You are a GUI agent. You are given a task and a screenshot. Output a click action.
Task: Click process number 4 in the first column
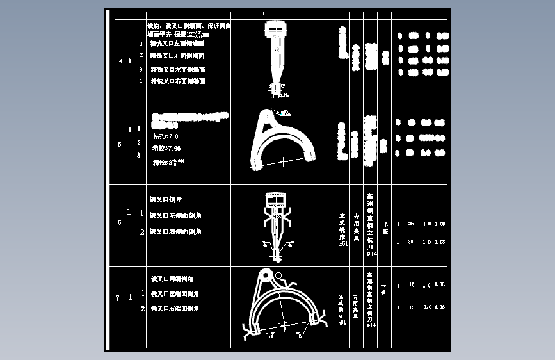[121, 61]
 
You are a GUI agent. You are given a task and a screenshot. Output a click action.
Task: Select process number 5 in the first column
[120, 145]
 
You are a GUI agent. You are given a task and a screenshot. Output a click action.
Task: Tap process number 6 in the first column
[119, 223]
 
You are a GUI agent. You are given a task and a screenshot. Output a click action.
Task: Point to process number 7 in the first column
[117, 298]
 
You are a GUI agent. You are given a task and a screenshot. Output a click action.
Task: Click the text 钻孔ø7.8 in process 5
[165, 136]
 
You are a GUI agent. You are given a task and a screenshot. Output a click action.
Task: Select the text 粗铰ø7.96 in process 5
[166, 148]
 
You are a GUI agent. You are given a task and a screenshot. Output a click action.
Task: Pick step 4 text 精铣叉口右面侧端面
[177, 81]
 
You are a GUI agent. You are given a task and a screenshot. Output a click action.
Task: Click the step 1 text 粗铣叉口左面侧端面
[177, 44]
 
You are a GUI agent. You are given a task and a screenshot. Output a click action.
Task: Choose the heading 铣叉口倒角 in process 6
[166, 200]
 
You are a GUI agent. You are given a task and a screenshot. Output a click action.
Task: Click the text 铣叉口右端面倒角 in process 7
[175, 309]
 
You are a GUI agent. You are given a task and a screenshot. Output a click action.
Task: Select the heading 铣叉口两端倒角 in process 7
[172, 279]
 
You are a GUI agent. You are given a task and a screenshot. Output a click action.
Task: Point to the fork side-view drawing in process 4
[276, 54]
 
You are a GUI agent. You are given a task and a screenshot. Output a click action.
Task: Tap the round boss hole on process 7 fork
[279, 276]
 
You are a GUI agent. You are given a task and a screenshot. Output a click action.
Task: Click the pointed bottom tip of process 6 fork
[277, 259]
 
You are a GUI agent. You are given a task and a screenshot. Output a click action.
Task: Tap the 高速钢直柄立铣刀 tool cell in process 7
[370, 300]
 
